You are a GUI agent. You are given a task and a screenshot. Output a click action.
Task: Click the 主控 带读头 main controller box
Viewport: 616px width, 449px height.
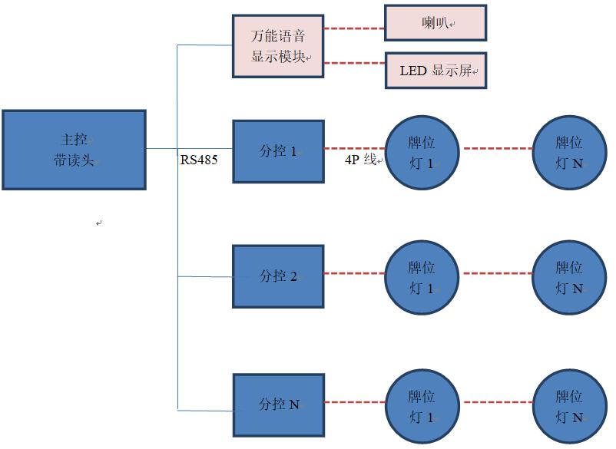pyautogui.click(x=74, y=150)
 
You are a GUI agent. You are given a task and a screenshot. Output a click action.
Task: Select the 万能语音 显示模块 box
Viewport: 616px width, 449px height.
pyautogui.click(x=277, y=46)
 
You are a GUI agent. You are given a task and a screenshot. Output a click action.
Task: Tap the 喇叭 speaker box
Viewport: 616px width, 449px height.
pyautogui.click(x=435, y=24)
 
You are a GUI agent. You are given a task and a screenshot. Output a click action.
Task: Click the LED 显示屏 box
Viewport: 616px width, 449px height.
pyautogui.click(x=436, y=71)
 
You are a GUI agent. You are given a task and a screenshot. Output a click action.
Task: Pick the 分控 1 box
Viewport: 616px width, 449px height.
pyautogui.click(x=277, y=150)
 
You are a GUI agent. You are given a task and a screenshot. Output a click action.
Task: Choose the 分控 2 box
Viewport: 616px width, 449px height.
pyautogui.click(x=277, y=276)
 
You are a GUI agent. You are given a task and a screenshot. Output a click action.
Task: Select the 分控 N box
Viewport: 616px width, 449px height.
pyautogui.click(x=277, y=404)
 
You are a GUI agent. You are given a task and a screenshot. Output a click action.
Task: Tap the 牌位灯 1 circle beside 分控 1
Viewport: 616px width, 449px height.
pyautogui.click(x=421, y=150)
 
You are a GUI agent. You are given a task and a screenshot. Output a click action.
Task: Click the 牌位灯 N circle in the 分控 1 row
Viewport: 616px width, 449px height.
pyautogui.click(x=568, y=150)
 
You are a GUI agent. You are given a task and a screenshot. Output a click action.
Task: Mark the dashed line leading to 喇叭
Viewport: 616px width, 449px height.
pyautogui.click(x=353, y=29)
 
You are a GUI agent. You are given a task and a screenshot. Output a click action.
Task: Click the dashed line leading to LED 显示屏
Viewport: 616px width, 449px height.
pyautogui.click(x=353, y=64)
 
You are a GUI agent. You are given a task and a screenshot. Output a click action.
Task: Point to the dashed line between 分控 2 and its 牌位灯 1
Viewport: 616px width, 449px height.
pyautogui.click(x=353, y=272)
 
